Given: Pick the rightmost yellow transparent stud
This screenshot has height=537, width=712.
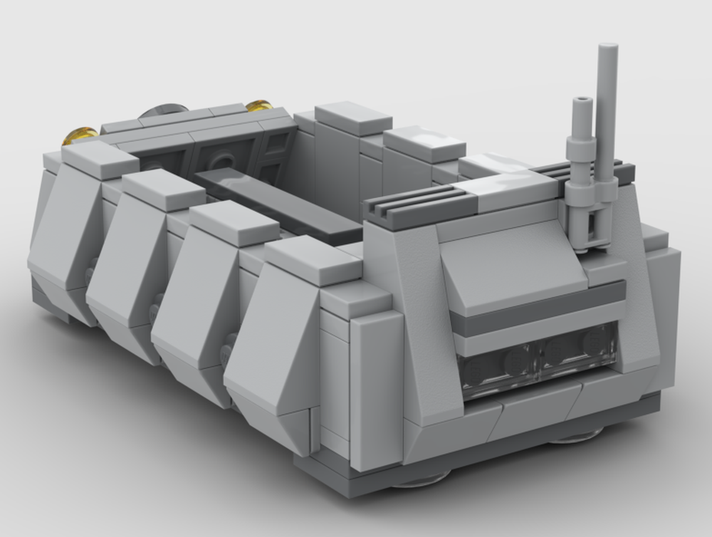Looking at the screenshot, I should [258, 106].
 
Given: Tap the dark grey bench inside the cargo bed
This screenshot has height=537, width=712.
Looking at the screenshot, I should [278, 202].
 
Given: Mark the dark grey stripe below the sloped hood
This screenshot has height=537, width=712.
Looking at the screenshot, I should [534, 308].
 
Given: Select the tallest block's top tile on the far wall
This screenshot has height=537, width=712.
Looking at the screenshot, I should [353, 117].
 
